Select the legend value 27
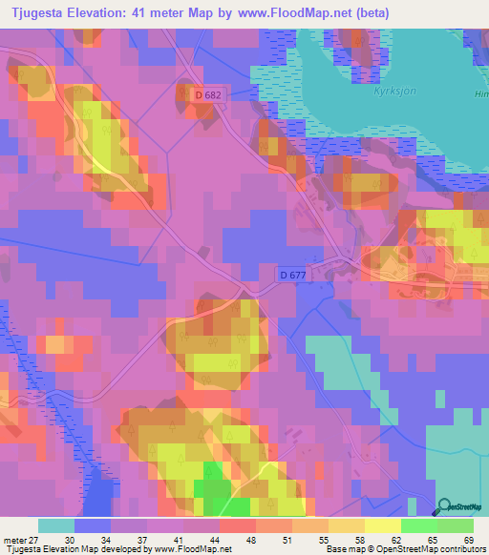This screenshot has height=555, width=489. click(34, 540)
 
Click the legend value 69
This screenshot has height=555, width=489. click(470, 540)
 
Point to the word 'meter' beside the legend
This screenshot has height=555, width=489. click(13, 540)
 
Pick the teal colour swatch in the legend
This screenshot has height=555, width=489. click(55, 525)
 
